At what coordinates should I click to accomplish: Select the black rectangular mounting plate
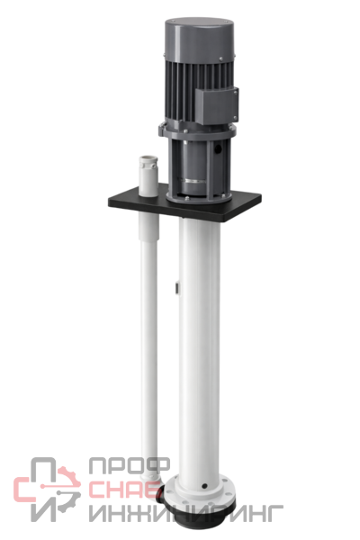pyautogui.click(x=184, y=203)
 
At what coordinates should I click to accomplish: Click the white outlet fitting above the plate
pyautogui.click(x=148, y=176)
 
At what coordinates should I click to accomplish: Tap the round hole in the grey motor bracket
pyautogui.click(x=218, y=148)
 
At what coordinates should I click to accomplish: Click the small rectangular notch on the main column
pyautogui.click(x=176, y=288)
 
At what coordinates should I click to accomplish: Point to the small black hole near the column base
pyautogui.click(x=204, y=486)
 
